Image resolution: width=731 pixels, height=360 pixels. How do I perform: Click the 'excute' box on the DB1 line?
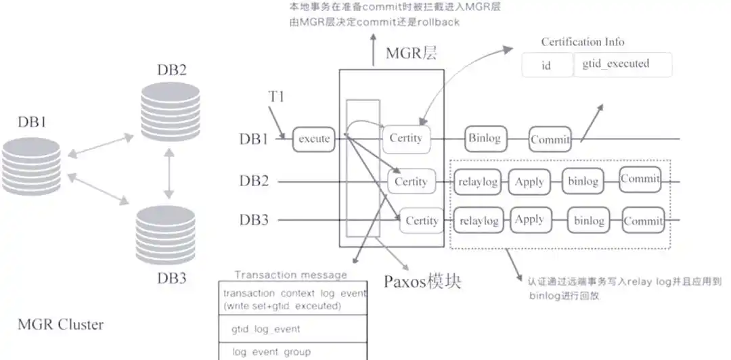point(314,139)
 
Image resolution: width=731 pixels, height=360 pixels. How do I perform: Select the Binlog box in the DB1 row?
point(484,138)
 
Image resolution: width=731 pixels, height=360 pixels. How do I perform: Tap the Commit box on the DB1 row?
point(550,139)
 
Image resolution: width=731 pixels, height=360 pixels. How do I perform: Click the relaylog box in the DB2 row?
point(479,181)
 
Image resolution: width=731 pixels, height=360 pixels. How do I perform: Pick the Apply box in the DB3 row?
point(529,220)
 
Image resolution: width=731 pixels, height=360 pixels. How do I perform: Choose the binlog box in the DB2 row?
point(582,181)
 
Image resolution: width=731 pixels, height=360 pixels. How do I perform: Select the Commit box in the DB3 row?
point(642,221)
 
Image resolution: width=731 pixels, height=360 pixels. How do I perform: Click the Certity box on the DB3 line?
point(422,221)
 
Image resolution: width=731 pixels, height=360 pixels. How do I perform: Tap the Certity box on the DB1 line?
point(406,138)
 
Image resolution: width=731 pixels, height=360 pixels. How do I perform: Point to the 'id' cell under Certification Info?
point(547,66)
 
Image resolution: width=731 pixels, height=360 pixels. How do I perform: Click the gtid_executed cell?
point(622,64)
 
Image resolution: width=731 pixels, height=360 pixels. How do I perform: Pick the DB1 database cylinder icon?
point(31,166)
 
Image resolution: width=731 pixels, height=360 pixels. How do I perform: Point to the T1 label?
point(276,96)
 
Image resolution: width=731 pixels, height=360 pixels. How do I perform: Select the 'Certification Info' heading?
point(582,42)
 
